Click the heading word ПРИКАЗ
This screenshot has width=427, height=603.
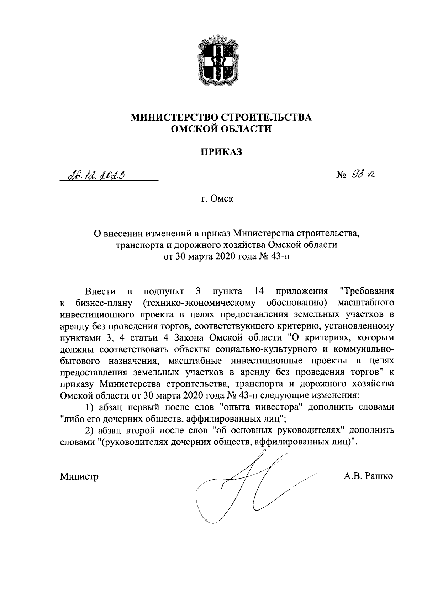click(221, 152)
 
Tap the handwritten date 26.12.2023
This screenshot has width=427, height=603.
click(95, 175)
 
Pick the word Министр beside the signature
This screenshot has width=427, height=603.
click(79, 476)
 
